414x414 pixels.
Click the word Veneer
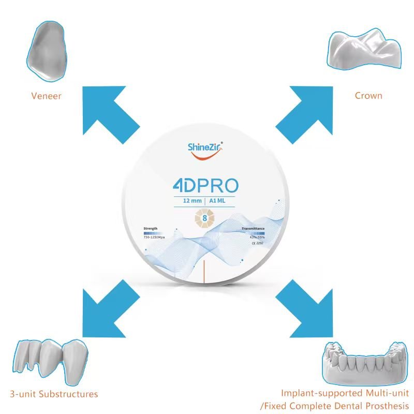(46, 96)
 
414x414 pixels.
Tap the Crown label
(368, 96)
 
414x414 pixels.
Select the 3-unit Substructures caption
(54, 394)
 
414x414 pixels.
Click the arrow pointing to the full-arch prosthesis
(304, 306)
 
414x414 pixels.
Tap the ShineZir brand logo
(206, 149)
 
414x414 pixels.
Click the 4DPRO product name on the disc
(206, 187)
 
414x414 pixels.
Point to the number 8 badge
(205, 218)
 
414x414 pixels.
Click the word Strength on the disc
(151, 228)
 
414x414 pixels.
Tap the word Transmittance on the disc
(253, 228)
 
